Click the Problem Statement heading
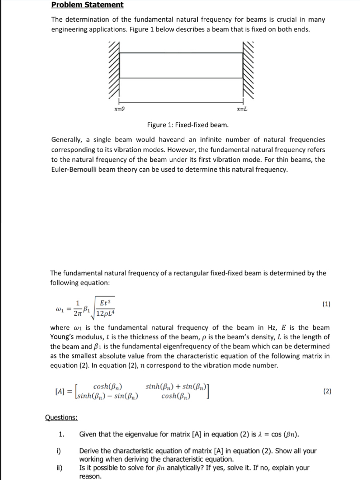pos(87,5)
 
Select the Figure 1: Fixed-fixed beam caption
pos(188,125)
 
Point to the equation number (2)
pos(326,391)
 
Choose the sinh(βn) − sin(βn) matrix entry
pos(108,397)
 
